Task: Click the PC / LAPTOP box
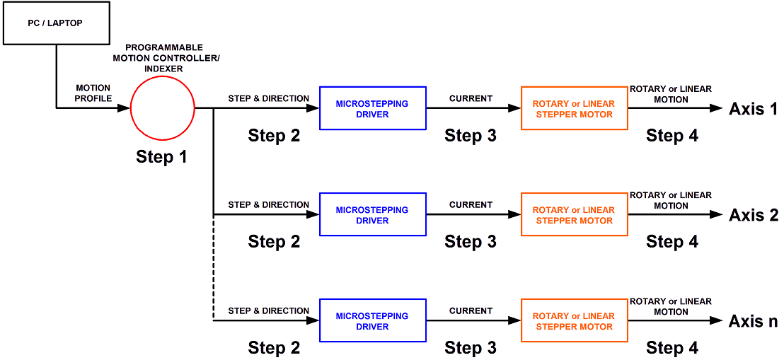[56, 24]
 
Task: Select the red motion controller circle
[163, 108]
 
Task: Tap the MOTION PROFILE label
[93, 93]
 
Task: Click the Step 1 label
[162, 157]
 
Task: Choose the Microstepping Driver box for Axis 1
[372, 108]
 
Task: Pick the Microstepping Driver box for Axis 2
[372, 214]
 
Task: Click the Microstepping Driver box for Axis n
[372, 320]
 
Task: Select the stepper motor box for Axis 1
[574, 108]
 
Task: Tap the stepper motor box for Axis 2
[574, 214]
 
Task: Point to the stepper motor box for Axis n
[574, 320]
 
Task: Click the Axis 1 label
[753, 109]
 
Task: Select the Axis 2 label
[753, 215]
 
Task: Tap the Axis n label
[753, 321]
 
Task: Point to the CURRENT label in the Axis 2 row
[471, 204]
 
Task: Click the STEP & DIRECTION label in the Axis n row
[268, 310]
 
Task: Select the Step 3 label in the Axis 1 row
[471, 136]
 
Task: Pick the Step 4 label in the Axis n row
[672, 347]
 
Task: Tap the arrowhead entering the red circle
[125, 108]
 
